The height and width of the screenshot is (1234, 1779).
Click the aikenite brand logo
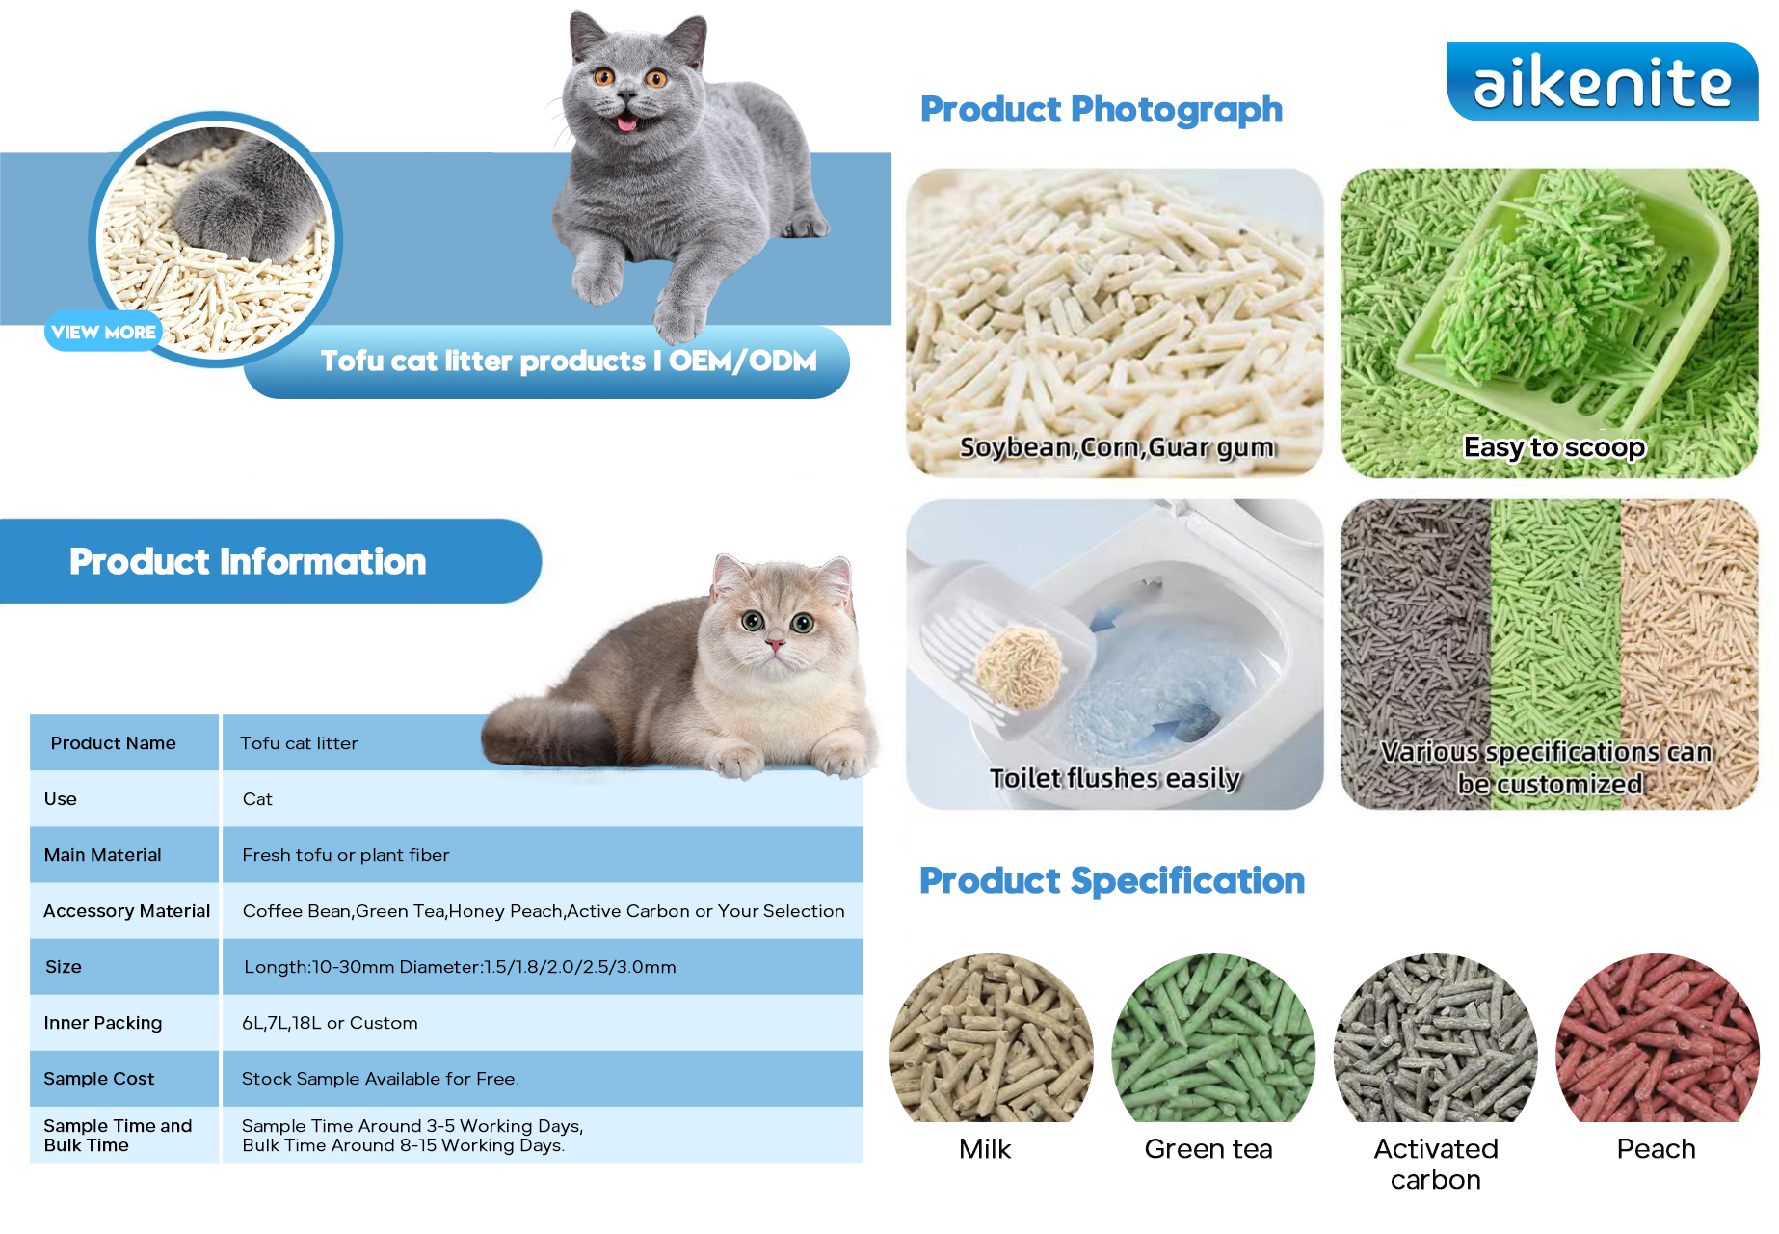point(1602,82)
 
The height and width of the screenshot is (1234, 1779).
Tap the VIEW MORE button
point(104,332)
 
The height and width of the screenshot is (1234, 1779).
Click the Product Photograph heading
point(1102,110)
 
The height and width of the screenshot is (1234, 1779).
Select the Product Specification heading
point(1112,881)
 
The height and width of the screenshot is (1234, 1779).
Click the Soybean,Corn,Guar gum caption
point(1117,447)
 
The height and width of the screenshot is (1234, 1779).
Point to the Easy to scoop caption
point(1554,447)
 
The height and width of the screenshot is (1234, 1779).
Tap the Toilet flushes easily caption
point(1115,778)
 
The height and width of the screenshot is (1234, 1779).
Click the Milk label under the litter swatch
point(985,1149)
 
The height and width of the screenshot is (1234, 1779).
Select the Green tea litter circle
point(1213,1038)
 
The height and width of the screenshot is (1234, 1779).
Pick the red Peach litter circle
point(1658,1038)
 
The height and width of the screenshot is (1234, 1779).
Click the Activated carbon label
point(1436,1165)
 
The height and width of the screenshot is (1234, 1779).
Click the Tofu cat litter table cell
point(299,743)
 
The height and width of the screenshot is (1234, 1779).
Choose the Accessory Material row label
point(126,911)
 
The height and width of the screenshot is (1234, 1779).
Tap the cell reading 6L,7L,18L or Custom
point(330,1023)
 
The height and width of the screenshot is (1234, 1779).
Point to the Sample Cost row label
point(98,1079)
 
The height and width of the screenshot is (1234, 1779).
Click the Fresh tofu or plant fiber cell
point(346,855)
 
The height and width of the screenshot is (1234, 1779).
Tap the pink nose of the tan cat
point(774,643)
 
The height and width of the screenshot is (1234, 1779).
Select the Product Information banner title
point(248,562)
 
